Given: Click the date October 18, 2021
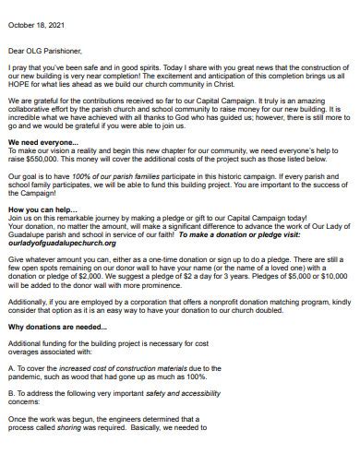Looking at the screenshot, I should pyautogui.click(x=36, y=12).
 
